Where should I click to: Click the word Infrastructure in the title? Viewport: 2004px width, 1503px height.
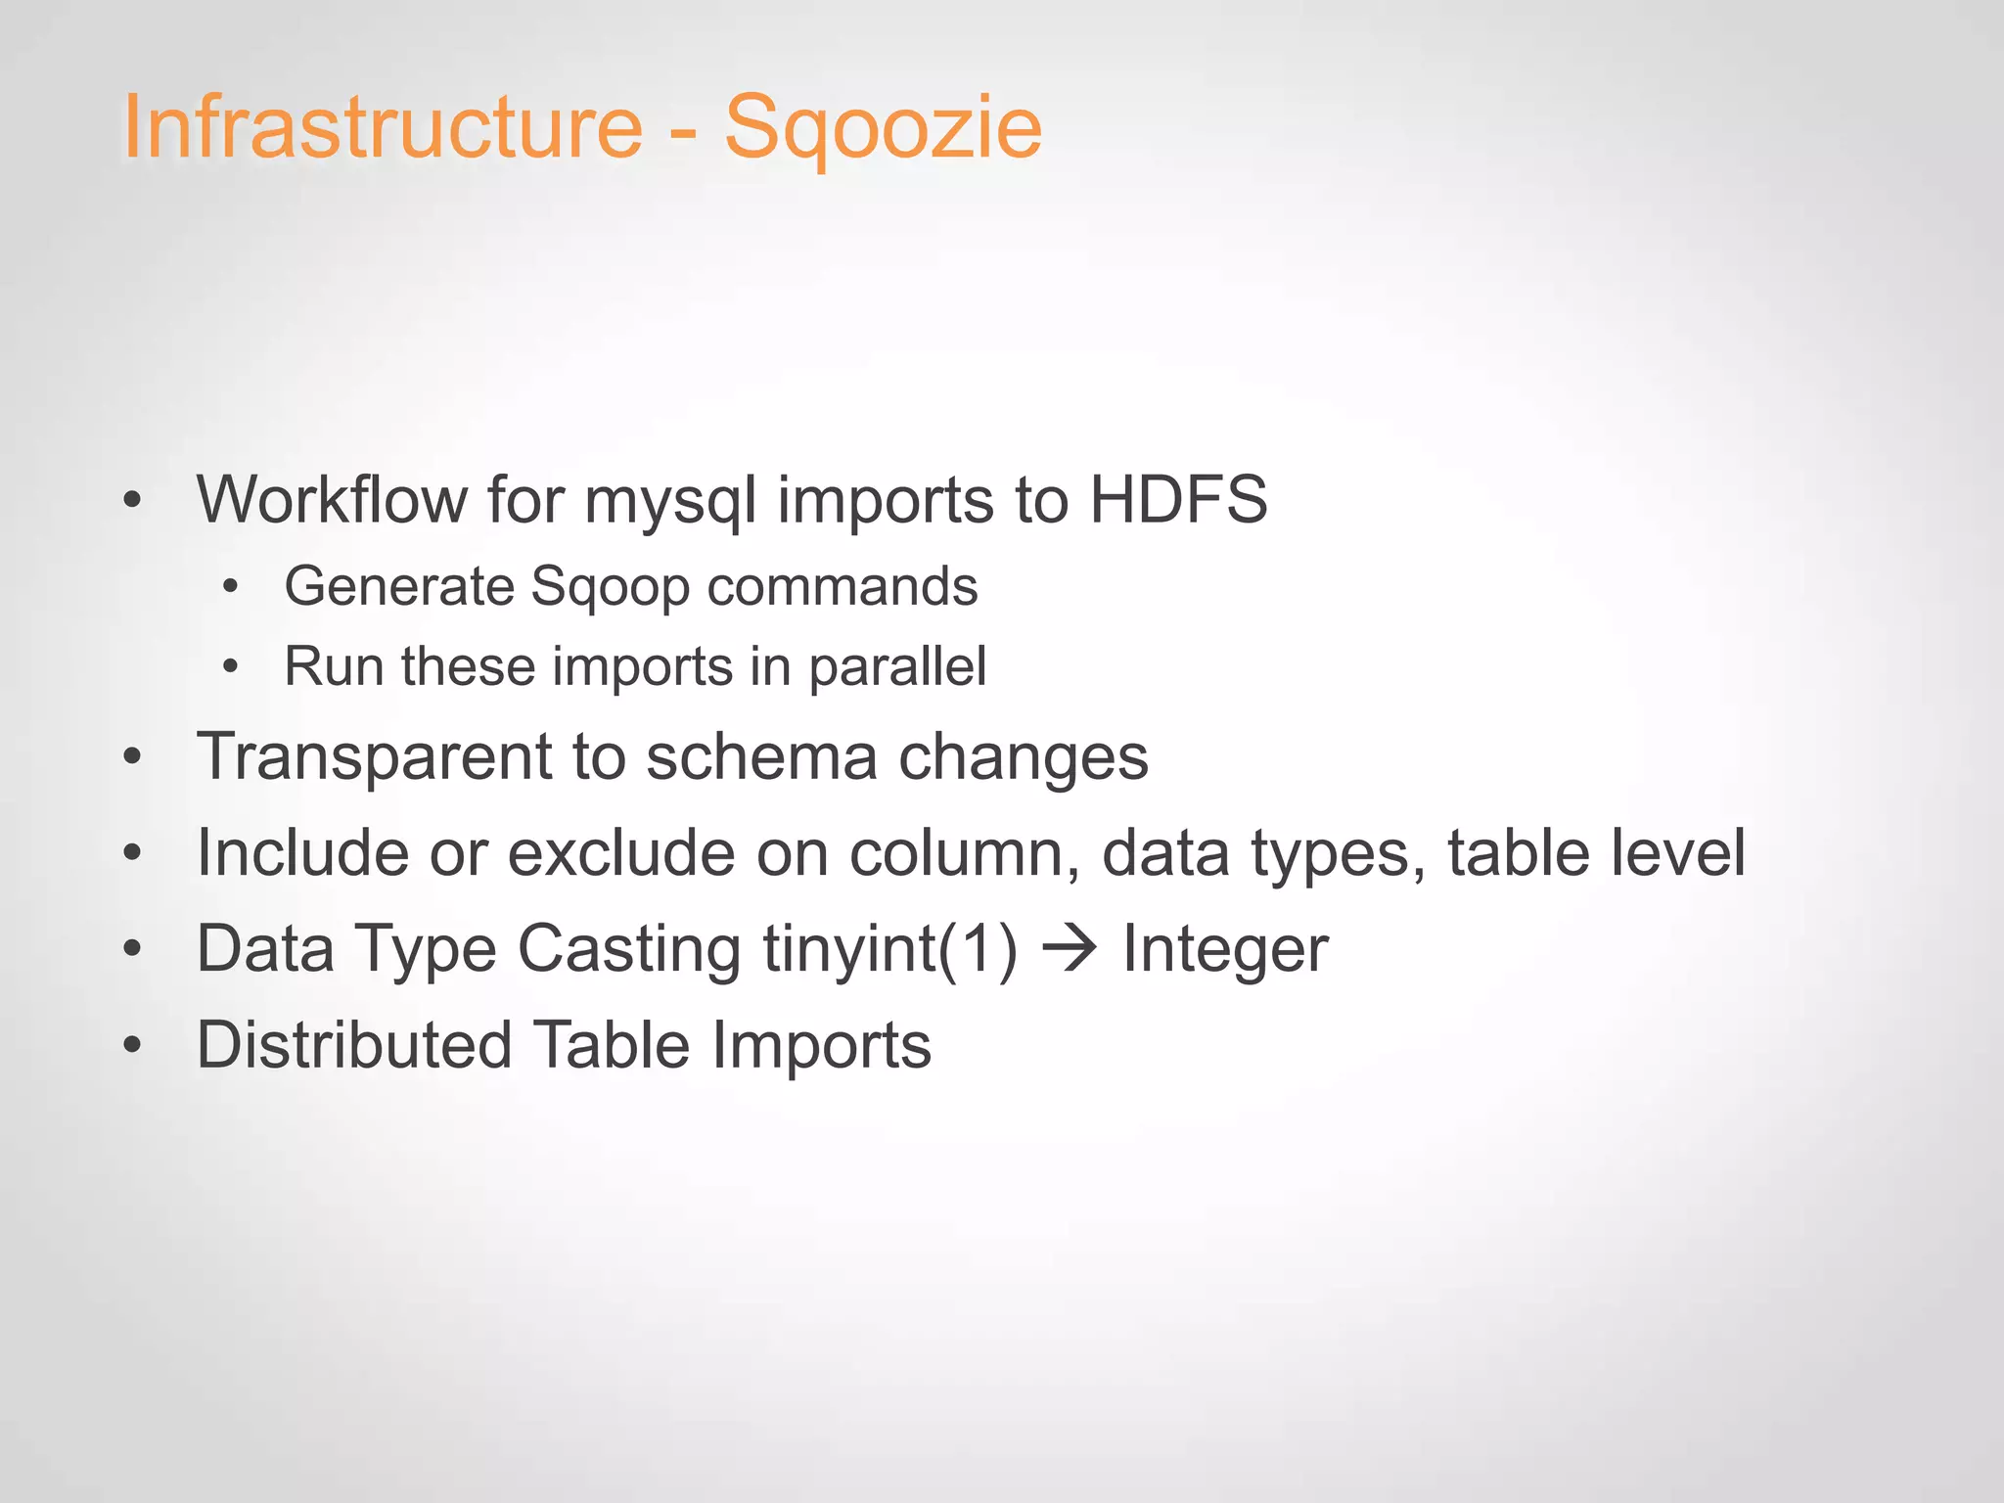pyautogui.click(x=382, y=127)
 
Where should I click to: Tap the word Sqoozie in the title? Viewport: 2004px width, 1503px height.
pyautogui.click(x=883, y=129)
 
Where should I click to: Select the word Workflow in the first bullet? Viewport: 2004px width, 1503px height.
pyautogui.click(x=332, y=500)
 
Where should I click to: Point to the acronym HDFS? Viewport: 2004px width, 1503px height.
pyautogui.click(x=1178, y=500)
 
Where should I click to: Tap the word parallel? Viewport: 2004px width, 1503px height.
pyautogui.click(x=897, y=668)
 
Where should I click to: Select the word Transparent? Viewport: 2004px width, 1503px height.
pyautogui.click(x=375, y=757)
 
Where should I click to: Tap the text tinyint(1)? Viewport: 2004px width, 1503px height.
pyautogui.click(x=889, y=949)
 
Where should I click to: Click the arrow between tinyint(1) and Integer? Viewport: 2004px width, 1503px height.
pyautogui.click(x=1070, y=949)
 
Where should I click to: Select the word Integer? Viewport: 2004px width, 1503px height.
pyautogui.click(x=1225, y=949)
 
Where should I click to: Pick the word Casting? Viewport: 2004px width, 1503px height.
pyautogui.click(x=628, y=949)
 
